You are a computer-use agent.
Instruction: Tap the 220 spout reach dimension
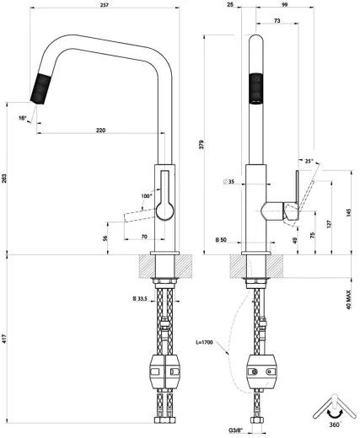pyautogui.click(x=101, y=131)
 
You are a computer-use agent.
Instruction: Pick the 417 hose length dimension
pyautogui.click(x=6, y=339)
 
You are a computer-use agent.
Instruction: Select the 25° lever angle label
pyautogui.click(x=309, y=160)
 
